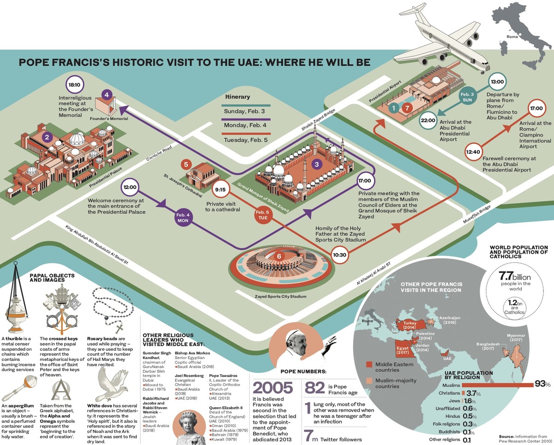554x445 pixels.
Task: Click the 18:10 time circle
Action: pyautogui.click(x=74, y=85)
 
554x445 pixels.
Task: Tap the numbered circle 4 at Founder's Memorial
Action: pyautogui.click(x=107, y=96)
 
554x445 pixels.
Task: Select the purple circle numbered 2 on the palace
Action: pyautogui.click(x=46, y=137)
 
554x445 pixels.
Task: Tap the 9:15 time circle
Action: pyautogui.click(x=220, y=189)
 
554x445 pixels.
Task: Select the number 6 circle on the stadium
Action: pyautogui.click(x=278, y=256)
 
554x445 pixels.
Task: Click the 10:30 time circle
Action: pyautogui.click(x=339, y=254)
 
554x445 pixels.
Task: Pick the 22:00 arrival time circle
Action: pyautogui.click(x=428, y=121)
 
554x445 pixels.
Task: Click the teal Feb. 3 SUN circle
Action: pyautogui.click(x=467, y=96)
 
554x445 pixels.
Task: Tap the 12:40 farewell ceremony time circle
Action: pyautogui.click(x=475, y=151)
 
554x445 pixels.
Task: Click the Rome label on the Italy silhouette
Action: pyautogui.click(x=512, y=36)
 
